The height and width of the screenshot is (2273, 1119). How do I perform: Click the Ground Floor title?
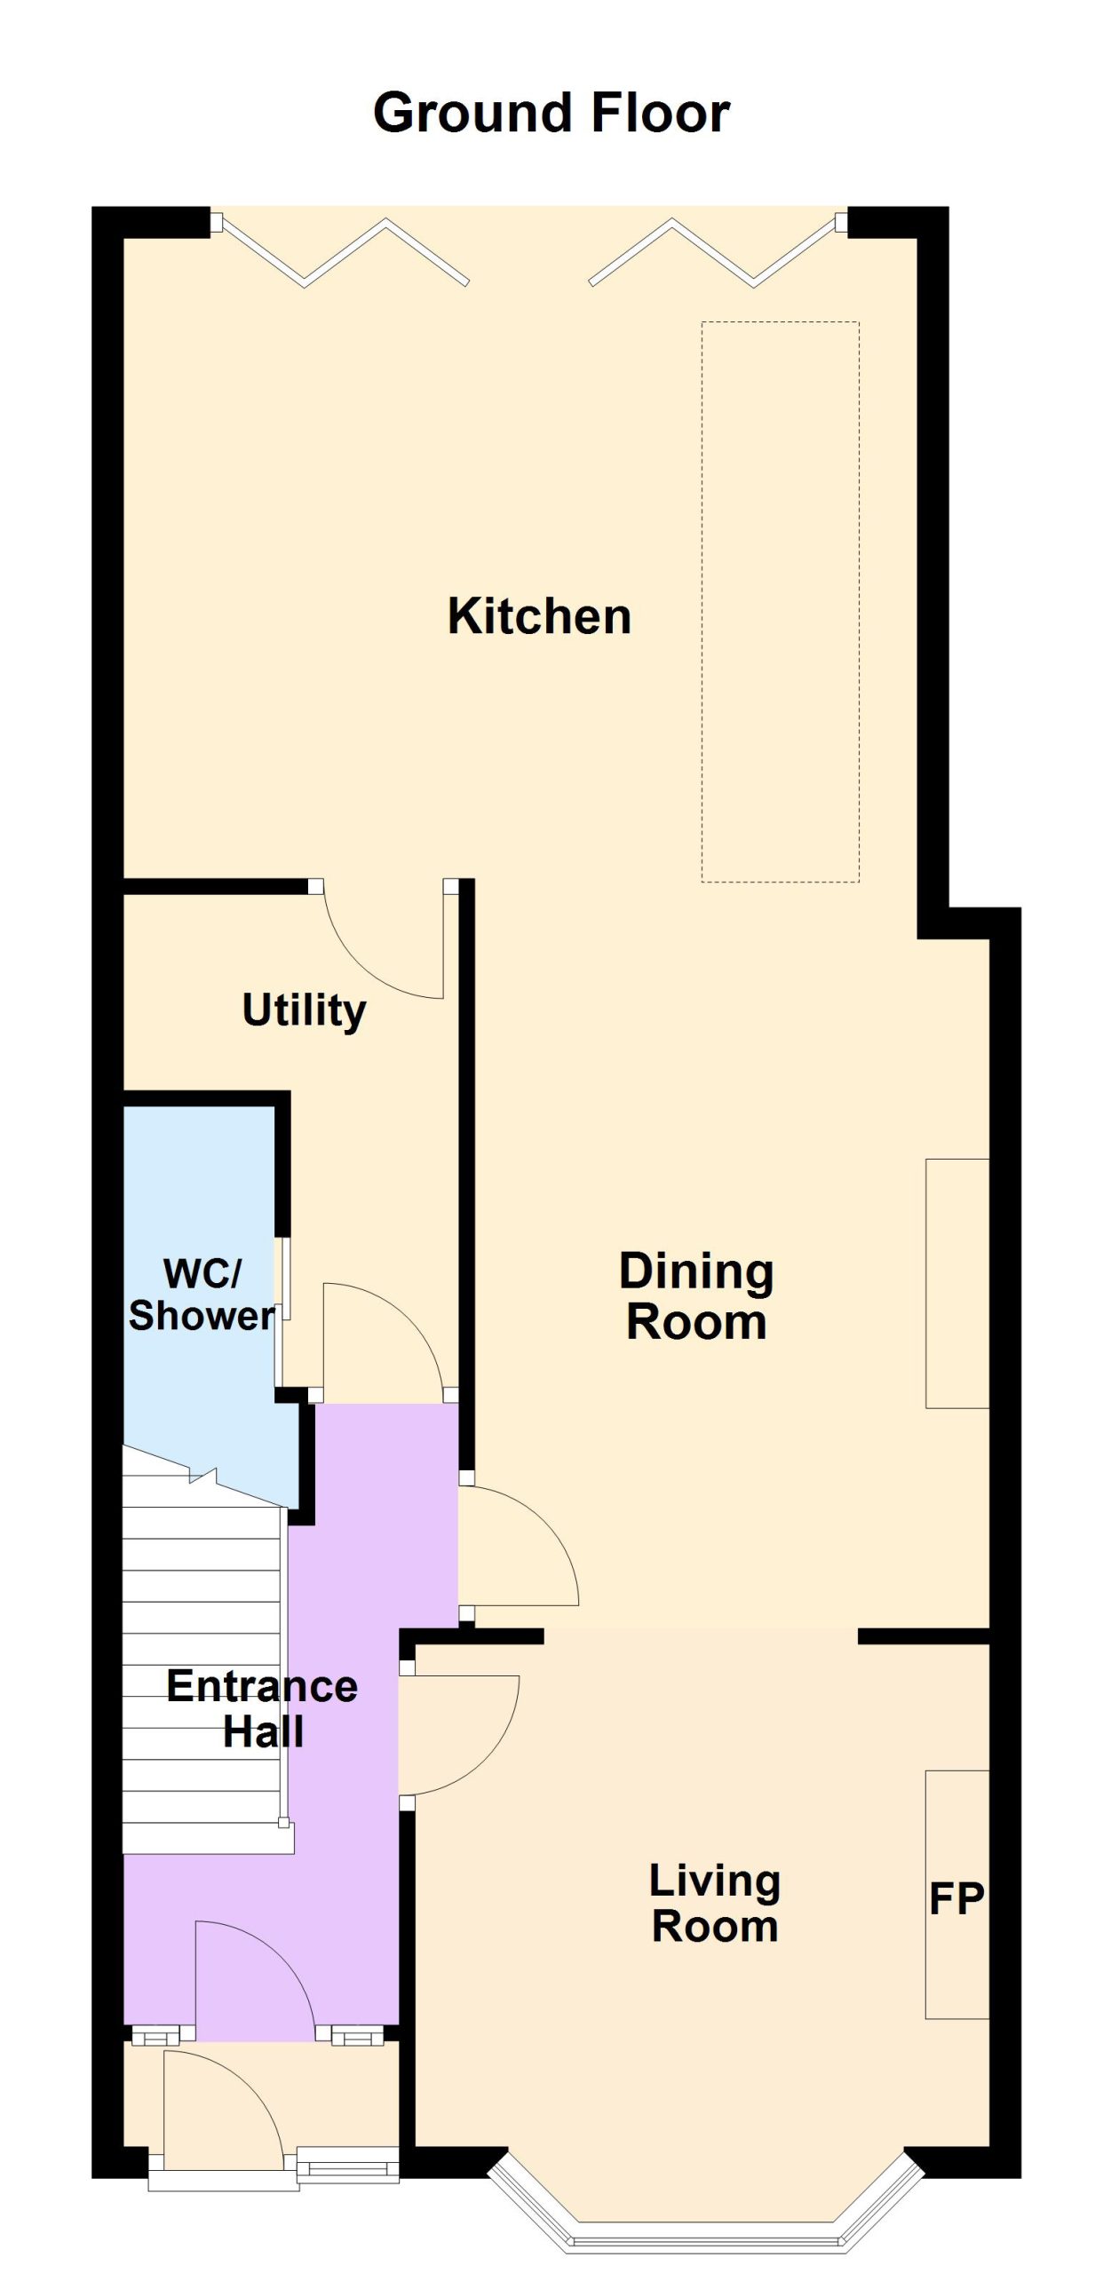click(x=552, y=113)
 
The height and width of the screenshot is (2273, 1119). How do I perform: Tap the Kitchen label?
click(x=539, y=615)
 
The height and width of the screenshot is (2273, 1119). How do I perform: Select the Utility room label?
click(x=304, y=1010)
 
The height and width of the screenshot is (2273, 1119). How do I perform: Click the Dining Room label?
click(x=696, y=1296)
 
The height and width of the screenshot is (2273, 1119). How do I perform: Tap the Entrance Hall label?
click(x=262, y=1708)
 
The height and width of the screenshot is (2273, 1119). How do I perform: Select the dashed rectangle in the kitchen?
click(x=781, y=601)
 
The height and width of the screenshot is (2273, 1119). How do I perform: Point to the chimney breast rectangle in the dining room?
click(x=957, y=1283)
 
